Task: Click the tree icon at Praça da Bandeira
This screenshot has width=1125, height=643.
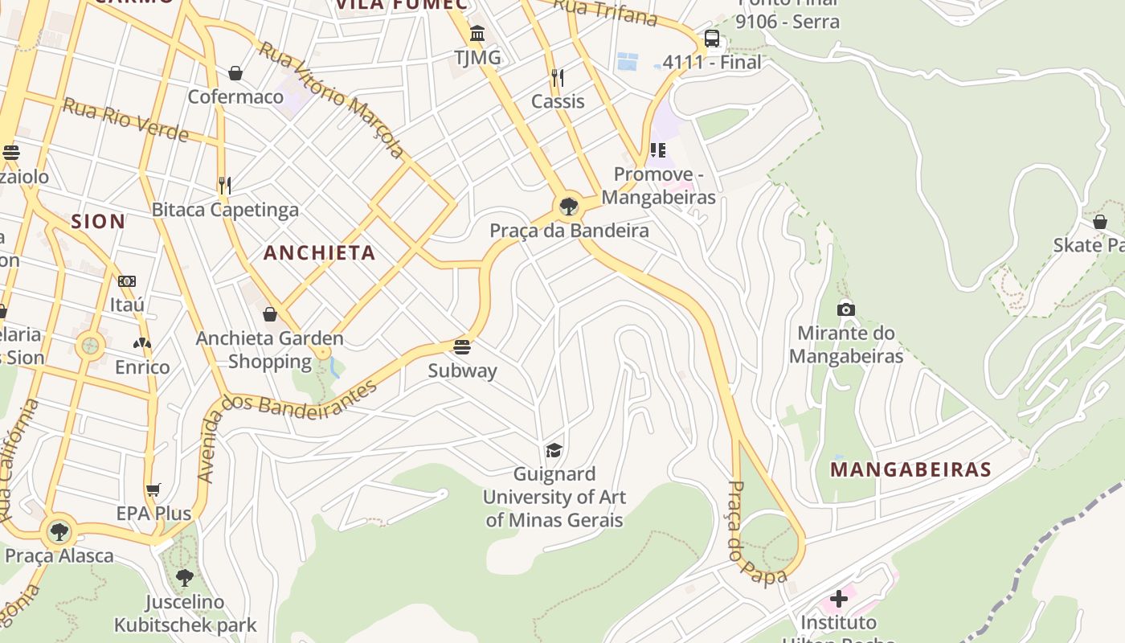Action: click(569, 207)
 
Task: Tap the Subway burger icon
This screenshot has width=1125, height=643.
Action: click(462, 347)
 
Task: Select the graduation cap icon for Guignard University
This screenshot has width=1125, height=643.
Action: click(554, 450)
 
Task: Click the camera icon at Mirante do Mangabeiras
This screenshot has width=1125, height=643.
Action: click(845, 309)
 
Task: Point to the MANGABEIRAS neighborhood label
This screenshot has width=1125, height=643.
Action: click(910, 469)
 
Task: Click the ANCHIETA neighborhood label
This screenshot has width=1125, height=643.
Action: click(320, 252)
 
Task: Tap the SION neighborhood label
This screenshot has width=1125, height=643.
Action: click(98, 221)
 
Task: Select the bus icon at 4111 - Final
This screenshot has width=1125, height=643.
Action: click(712, 39)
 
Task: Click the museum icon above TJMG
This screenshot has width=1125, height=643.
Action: click(477, 34)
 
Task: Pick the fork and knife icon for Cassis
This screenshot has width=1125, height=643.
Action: click(558, 78)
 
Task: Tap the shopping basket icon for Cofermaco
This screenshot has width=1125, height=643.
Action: click(235, 74)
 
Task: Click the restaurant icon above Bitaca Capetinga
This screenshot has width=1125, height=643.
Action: click(225, 186)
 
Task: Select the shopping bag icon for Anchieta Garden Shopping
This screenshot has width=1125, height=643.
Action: click(270, 314)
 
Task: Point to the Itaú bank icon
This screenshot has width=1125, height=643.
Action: click(127, 281)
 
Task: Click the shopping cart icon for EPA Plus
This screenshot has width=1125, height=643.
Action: click(153, 489)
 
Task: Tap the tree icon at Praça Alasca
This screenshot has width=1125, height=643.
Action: click(59, 531)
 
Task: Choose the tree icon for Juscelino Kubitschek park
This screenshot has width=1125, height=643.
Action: click(185, 577)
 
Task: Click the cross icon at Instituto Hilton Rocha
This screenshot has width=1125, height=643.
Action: click(839, 599)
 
